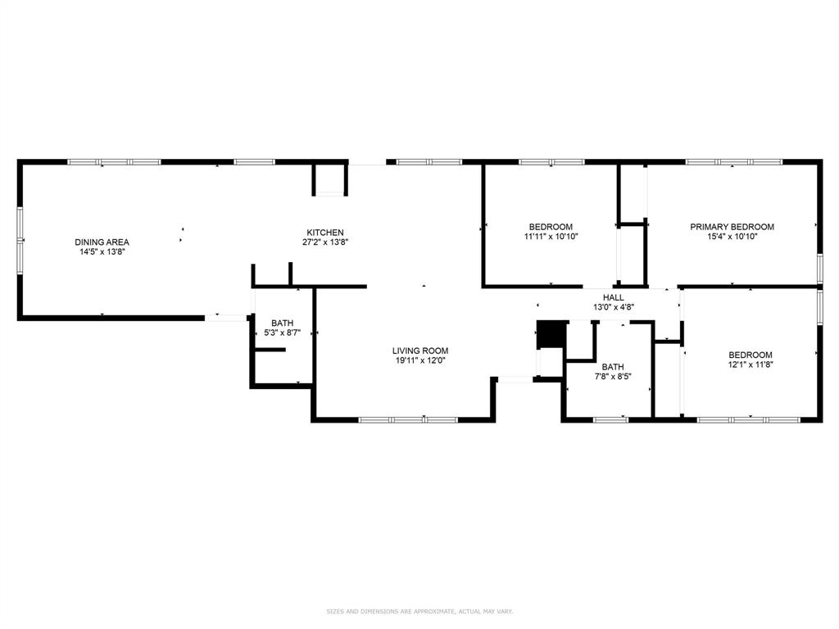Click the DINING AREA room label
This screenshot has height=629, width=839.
[x=102, y=242]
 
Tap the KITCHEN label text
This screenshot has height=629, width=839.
[x=325, y=232]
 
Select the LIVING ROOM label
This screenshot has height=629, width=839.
[x=419, y=351]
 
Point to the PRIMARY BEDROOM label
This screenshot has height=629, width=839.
[x=732, y=227]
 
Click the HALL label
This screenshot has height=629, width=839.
[x=613, y=297]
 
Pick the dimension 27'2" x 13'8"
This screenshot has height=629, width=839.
[x=325, y=242]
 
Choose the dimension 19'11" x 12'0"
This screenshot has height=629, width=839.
[x=419, y=360]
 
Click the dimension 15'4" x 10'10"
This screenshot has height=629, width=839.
[x=732, y=237]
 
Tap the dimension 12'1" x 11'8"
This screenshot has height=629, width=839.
[x=750, y=365]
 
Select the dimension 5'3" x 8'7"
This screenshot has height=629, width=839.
[x=282, y=333]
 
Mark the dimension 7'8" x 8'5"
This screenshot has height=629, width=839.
[x=612, y=377]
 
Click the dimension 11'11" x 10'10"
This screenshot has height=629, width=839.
[x=551, y=237]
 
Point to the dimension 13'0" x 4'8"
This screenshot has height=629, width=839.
[x=613, y=307]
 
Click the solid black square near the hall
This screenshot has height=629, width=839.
[x=550, y=334]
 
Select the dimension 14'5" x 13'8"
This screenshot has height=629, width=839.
[x=102, y=252]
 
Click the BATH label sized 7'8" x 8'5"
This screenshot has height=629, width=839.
[x=612, y=367]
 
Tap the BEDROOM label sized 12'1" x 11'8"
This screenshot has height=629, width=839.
[x=750, y=355]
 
